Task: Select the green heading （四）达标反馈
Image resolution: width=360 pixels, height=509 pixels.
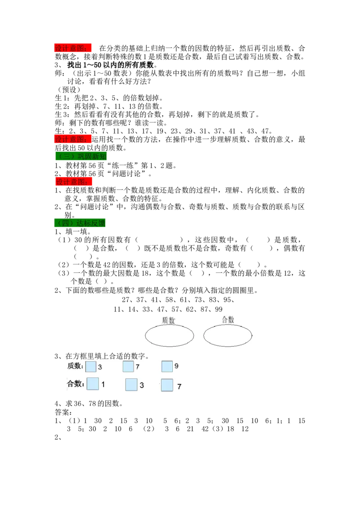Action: click(80, 223)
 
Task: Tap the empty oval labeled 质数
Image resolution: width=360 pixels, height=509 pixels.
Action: click(169, 335)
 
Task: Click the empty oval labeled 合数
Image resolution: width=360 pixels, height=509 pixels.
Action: click(228, 335)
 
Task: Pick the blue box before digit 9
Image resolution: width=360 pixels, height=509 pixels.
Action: click(167, 366)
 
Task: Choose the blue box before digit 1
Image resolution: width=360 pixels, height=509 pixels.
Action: click(93, 384)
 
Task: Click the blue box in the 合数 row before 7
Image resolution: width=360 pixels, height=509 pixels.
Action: click(167, 385)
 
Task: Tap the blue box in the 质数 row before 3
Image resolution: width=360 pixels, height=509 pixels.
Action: click(91, 367)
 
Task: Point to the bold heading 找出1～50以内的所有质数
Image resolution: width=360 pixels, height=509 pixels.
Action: click(110, 65)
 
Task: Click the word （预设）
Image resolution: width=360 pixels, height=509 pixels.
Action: click(69, 89)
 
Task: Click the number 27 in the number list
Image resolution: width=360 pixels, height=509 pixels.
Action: click(126, 300)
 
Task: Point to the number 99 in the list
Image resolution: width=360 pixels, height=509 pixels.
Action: click(219, 309)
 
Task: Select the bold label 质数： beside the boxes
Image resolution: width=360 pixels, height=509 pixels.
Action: click(76, 366)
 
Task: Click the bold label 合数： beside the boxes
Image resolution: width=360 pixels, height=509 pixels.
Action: click(76, 384)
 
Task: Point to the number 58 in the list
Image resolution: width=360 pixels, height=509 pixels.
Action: click(169, 300)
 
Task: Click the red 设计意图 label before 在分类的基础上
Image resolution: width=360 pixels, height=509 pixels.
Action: click(73, 49)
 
